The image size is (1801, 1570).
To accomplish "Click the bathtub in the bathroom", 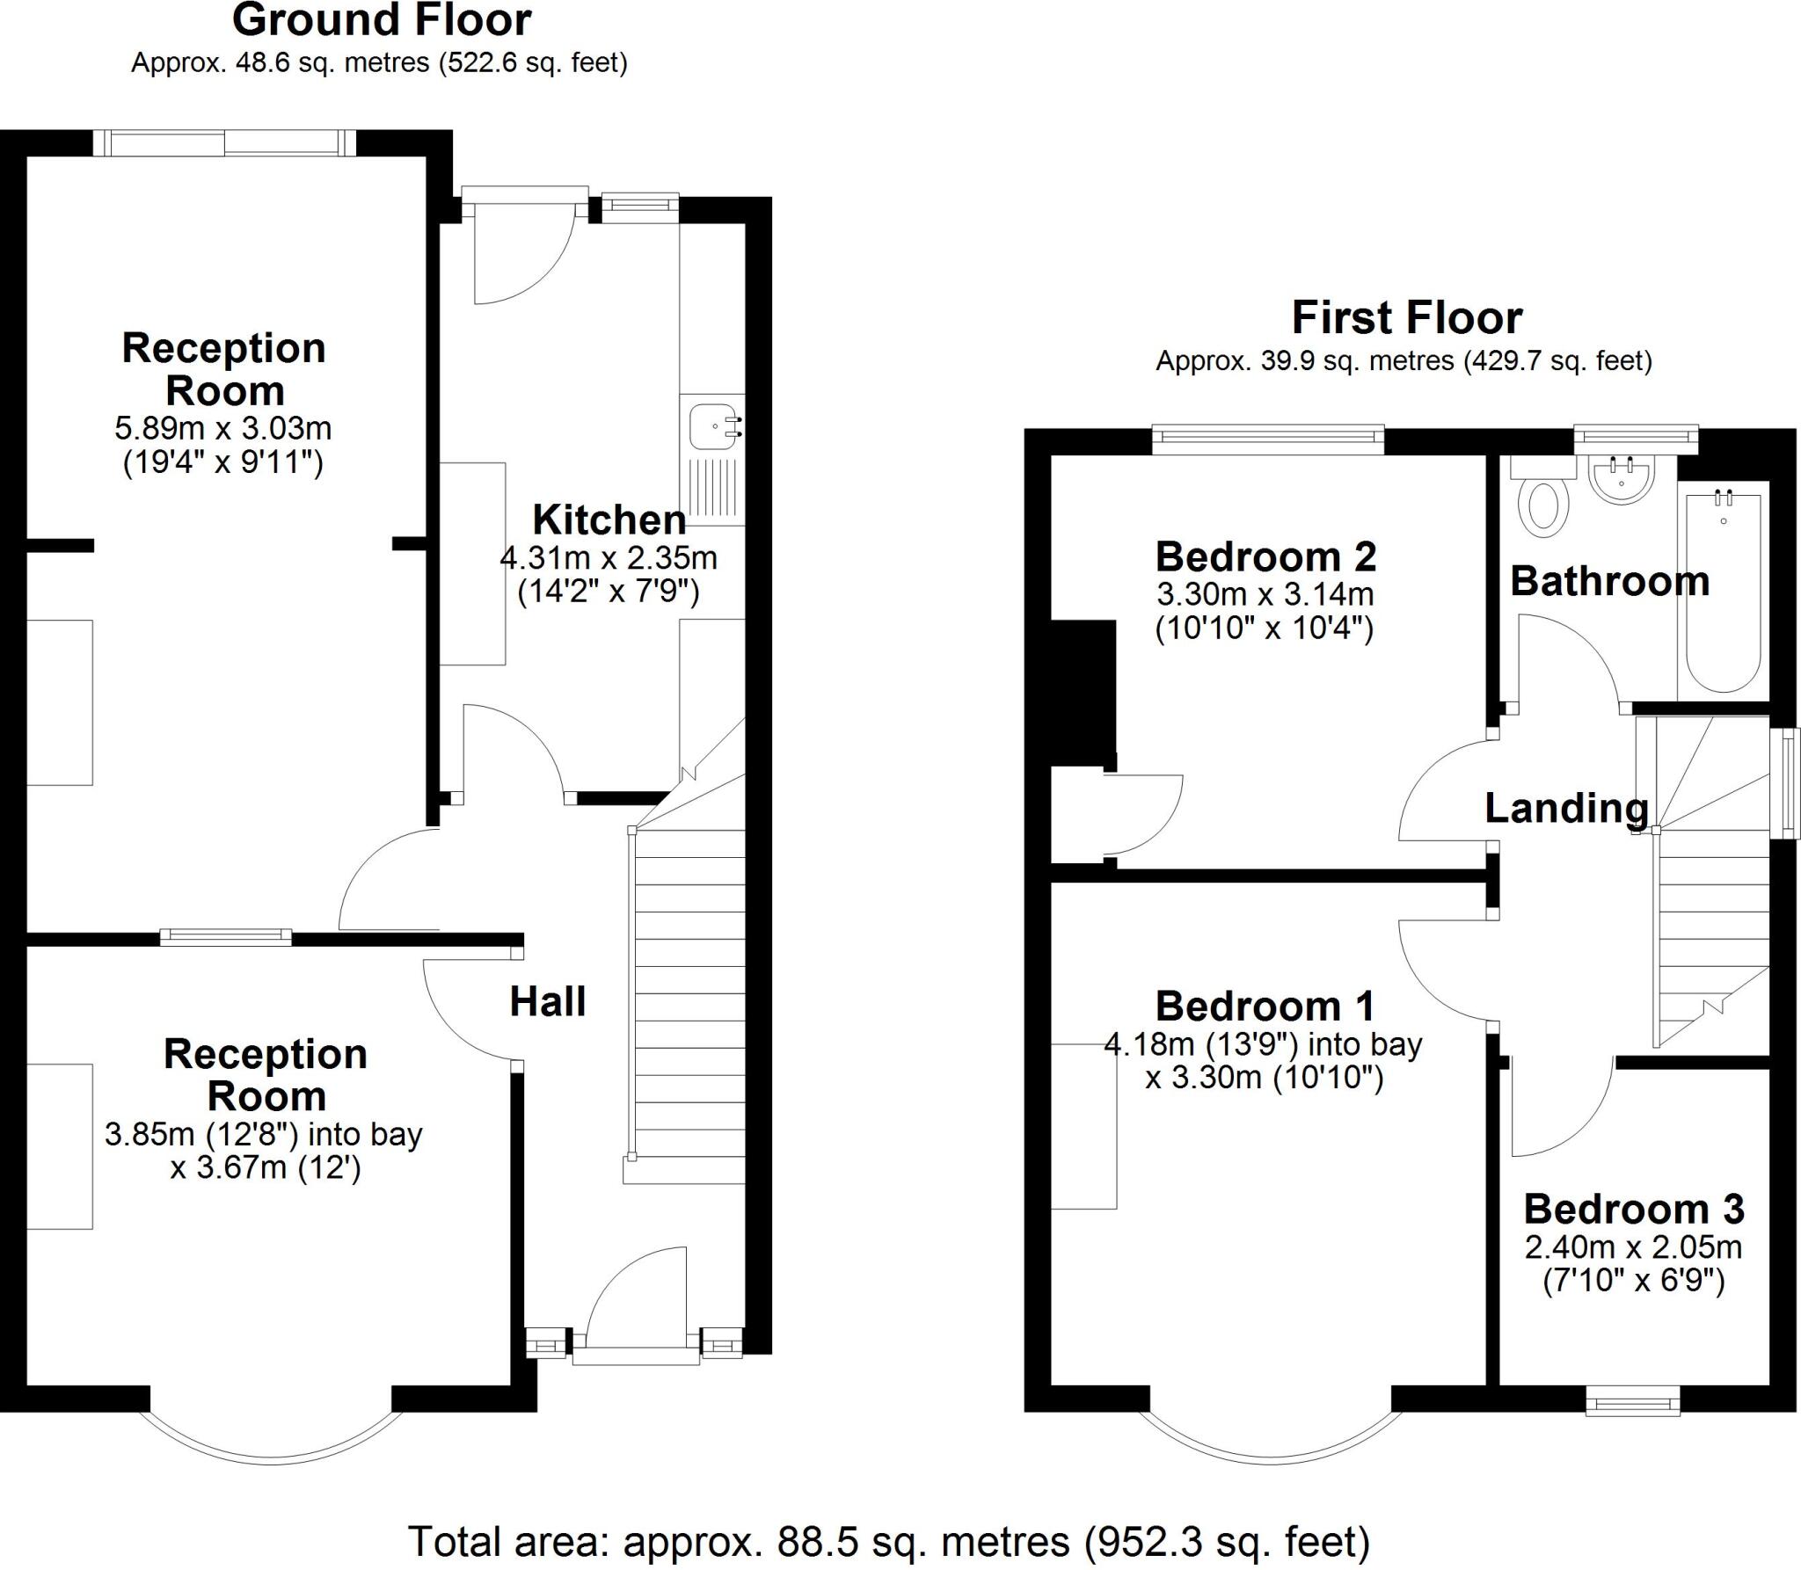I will tap(1723, 593).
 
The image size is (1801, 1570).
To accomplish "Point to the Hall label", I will tap(548, 1002).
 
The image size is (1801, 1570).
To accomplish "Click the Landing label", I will tap(1566, 809).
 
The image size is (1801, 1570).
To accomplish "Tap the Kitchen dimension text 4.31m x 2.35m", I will tap(609, 557).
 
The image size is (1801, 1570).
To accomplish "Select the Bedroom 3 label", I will tap(1634, 1210).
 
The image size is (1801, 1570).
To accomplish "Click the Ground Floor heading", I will tap(381, 20).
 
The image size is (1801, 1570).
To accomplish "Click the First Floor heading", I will tap(1406, 317).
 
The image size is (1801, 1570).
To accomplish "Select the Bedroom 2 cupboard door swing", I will tap(1143, 813).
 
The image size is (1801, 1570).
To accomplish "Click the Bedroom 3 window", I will tap(1632, 1424).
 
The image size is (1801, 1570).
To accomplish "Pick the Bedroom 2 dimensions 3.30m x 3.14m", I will tap(1265, 595).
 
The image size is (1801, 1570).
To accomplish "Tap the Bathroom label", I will tap(1609, 582).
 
